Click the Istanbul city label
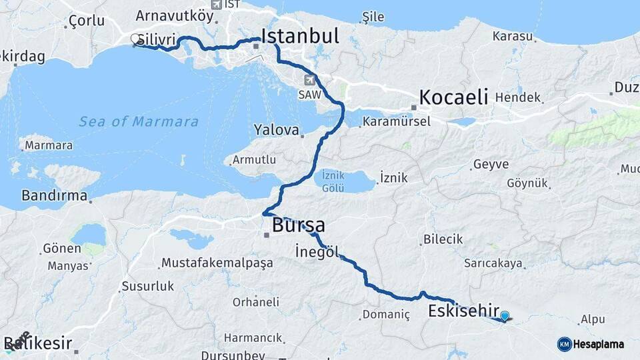[x=300, y=37]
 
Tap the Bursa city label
[x=298, y=225]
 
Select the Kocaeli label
[x=453, y=96]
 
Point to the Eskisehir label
[x=463, y=311]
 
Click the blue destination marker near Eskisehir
[x=505, y=317]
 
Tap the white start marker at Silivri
[x=135, y=39]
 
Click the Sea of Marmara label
[x=139, y=121]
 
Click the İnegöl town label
[x=317, y=251]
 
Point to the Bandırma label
[x=55, y=196]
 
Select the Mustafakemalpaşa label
[x=217, y=263]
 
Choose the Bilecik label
[x=443, y=239]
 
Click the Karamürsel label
[x=396, y=122]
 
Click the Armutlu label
[x=253, y=160]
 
